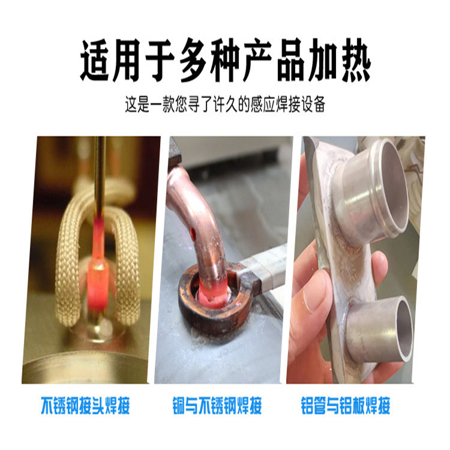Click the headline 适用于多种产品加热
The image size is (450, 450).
225,60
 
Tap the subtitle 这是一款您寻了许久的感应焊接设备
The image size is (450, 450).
225,104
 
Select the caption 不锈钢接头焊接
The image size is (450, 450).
85,406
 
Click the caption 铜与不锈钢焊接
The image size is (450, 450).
217,406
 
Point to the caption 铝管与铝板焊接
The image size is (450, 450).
346,406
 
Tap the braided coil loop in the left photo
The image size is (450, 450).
66,258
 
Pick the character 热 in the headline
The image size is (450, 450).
355,60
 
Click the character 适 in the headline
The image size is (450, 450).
95,60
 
